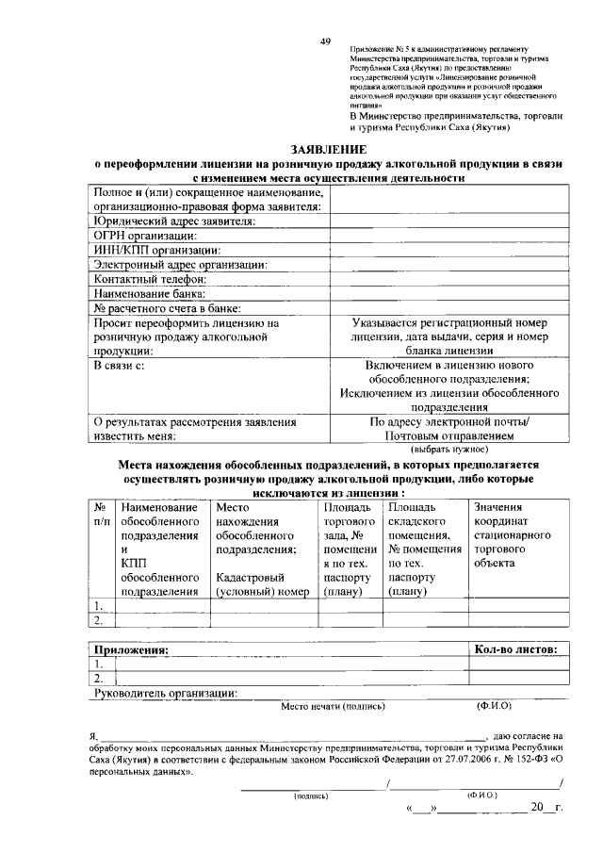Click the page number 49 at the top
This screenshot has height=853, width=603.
(x=325, y=42)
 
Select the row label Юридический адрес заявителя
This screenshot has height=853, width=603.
(x=173, y=221)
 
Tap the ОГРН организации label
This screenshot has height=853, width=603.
(x=144, y=235)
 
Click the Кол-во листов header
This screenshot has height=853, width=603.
(x=516, y=648)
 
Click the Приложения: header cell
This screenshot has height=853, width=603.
(x=130, y=648)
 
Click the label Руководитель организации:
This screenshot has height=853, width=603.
(x=165, y=693)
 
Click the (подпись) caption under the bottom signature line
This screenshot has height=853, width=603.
(x=311, y=796)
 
